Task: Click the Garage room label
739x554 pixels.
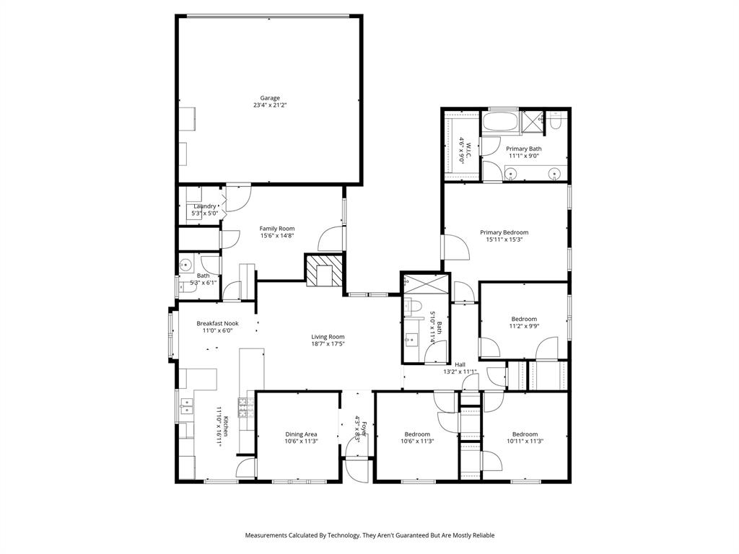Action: (270, 98)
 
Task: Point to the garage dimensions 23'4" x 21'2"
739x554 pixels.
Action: (270, 105)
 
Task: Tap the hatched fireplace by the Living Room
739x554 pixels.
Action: (322, 271)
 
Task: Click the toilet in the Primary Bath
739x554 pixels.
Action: (554, 123)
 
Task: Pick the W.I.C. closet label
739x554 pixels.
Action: (468, 149)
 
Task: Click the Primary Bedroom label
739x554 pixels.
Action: (504, 232)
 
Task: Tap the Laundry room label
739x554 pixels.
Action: (204, 206)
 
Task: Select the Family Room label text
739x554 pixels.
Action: (277, 229)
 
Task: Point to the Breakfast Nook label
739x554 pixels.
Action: (217, 324)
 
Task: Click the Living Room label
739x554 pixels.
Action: (328, 337)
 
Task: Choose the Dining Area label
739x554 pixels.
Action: (300, 434)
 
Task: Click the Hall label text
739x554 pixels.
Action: (460, 364)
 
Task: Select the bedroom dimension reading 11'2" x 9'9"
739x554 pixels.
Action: (524, 326)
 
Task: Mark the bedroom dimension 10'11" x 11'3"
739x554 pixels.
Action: (525, 441)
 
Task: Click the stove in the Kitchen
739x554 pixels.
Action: (243, 408)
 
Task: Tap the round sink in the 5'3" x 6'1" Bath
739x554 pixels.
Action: (185, 264)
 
